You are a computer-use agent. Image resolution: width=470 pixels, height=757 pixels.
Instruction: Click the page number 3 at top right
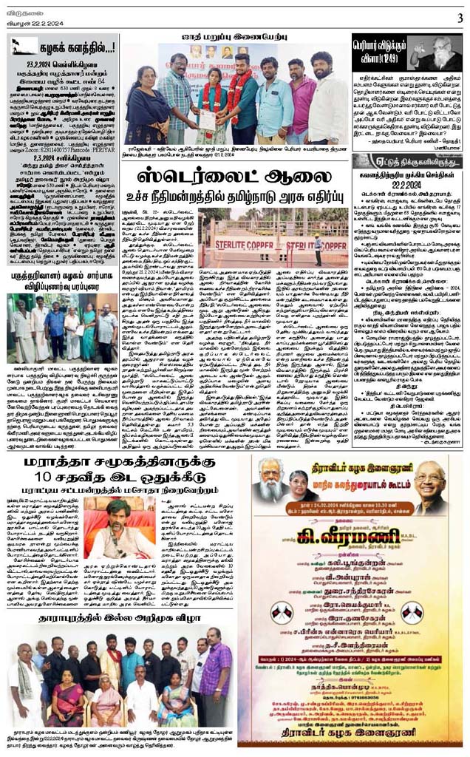point(459,16)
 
